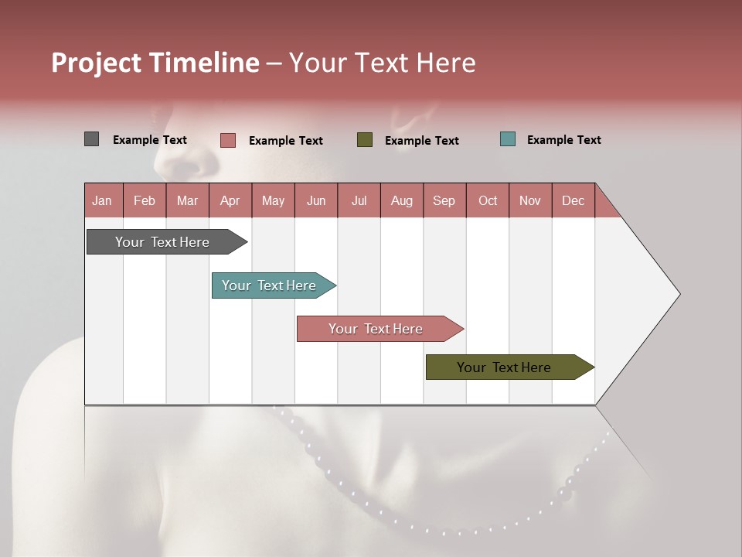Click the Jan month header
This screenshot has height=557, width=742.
click(x=102, y=200)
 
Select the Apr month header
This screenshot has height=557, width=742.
click(x=230, y=200)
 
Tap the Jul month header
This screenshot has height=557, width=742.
click(x=359, y=200)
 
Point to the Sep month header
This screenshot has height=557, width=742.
click(x=444, y=200)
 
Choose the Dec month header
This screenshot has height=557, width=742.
click(x=573, y=200)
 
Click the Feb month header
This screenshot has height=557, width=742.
click(x=145, y=200)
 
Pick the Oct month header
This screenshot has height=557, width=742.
click(x=488, y=200)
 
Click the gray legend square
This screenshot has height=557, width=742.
click(x=91, y=139)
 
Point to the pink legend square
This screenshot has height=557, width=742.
click(x=227, y=140)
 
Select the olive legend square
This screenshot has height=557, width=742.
click(x=365, y=140)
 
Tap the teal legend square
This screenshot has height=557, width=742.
click(x=507, y=139)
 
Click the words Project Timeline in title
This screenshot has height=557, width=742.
click(x=155, y=63)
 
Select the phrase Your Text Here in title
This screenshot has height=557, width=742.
click(x=382, y=63)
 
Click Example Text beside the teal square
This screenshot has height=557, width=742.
click(x=563, y=140)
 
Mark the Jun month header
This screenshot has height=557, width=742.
click(x=315, y=200)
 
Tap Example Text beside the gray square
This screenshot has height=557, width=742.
click(x=150, y=140)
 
